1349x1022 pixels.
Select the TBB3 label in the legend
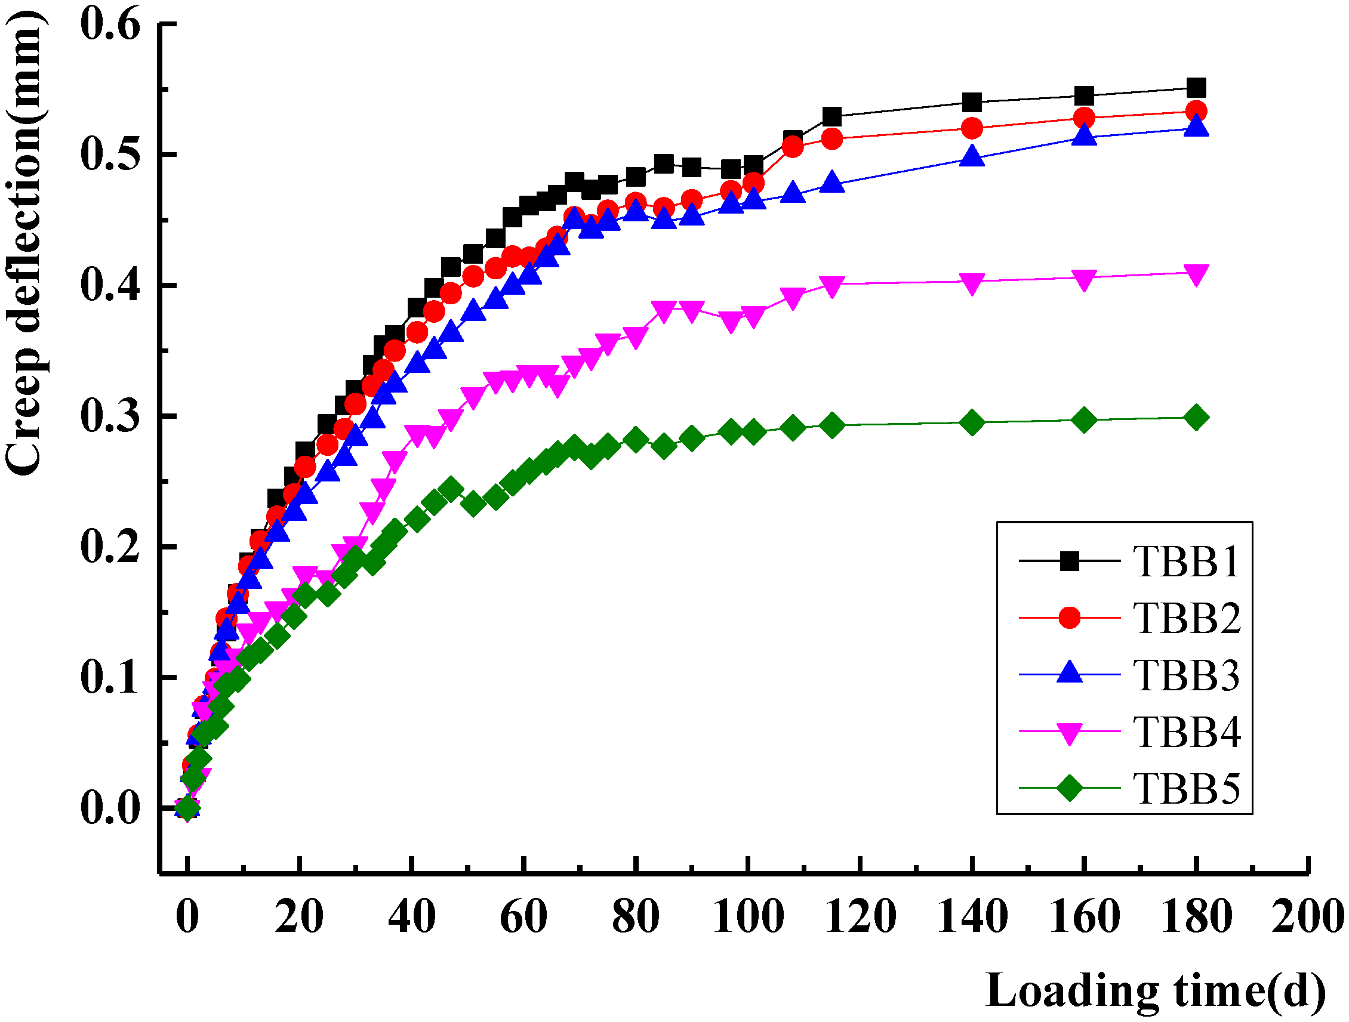(1185, 675)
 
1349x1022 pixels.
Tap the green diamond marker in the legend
(1069, 788)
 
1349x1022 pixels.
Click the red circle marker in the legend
(1069, 617)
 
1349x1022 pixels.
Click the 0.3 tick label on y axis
(110, 416)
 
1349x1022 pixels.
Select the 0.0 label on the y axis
(110, 808)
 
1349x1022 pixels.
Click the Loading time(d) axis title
(1155, 990)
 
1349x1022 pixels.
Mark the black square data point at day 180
(1196, 88)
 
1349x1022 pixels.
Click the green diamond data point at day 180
(1196, 418)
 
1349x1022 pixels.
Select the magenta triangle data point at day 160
(1084, 279)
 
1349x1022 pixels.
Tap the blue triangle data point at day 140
(972, 158)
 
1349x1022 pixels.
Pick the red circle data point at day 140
(972, 129)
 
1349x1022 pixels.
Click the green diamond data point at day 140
(972, 422)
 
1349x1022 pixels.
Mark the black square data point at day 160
(1084, 95)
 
